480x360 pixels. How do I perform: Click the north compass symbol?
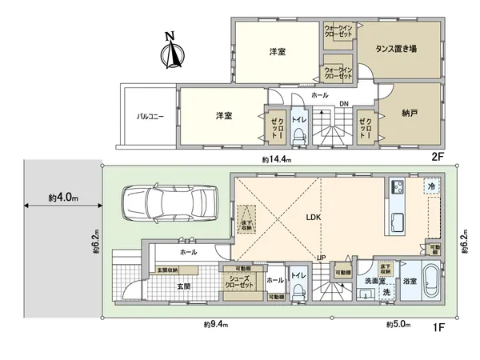[x=169, y=52]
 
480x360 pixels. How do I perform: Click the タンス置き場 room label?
[x=397, y=49]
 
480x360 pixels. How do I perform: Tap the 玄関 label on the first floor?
[x=182, y=286]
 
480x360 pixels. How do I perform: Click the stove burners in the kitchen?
[x=397, y=189]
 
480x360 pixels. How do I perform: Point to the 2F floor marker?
[x=437, y=158]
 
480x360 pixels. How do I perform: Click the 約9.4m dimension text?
[x=215, y=324]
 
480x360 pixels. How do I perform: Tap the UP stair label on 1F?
[x=321, y=258]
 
